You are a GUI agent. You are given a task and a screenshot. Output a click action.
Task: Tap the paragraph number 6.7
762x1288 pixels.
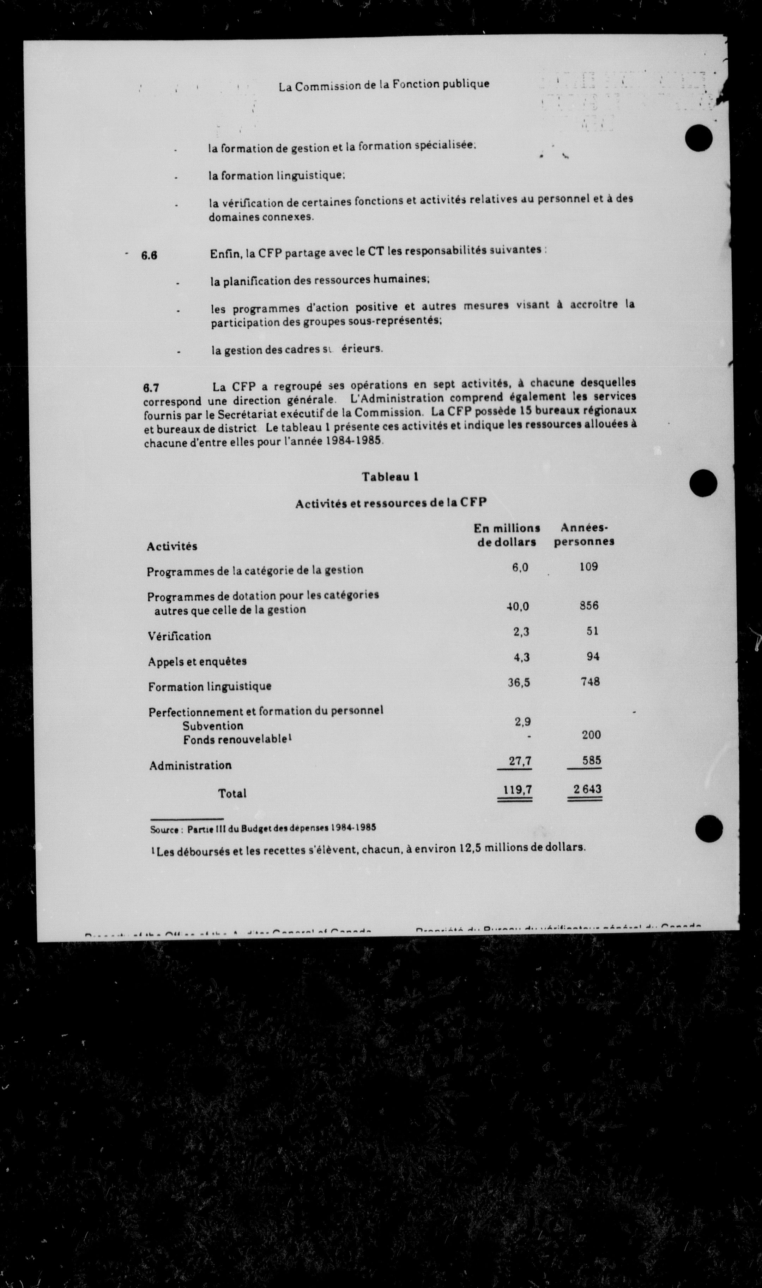coord(151,387)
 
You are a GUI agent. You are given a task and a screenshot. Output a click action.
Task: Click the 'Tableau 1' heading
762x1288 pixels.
coord(390,477)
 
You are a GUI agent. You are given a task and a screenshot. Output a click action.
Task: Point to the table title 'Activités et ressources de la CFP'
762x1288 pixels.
coord(391,503)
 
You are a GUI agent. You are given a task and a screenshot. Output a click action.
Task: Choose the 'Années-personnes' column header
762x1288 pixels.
coord(584,534)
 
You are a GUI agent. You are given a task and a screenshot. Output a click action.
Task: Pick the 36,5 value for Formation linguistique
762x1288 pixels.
coord(519,682)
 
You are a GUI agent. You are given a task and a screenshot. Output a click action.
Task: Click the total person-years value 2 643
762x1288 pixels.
coord(587,789)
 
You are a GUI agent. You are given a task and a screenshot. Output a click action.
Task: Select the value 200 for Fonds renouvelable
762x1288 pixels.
coord(591,735)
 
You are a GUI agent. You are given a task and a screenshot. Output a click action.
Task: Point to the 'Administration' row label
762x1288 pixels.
coord(190,765)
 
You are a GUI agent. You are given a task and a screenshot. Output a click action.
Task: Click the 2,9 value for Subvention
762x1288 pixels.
coord(522,721)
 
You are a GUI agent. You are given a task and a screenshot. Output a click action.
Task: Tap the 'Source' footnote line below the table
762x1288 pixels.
coord(263,828)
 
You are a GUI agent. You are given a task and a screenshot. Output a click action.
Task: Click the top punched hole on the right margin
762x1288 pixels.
coord(699,138)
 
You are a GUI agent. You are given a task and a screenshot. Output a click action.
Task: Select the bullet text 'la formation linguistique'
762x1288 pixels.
coord(276,176)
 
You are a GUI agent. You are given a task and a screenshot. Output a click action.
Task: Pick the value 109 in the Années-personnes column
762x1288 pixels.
coord(588,567)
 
